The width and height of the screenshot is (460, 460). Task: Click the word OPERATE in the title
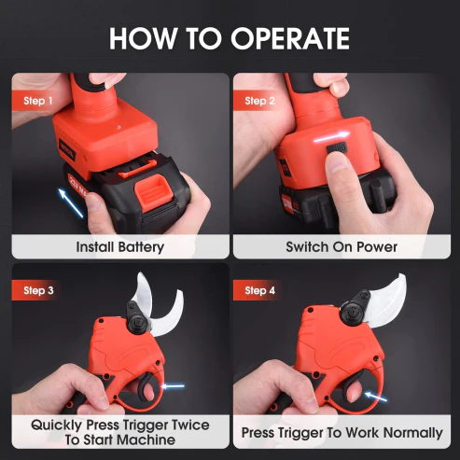290,38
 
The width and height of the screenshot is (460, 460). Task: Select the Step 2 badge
258,101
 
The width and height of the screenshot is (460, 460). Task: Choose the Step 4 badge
258,290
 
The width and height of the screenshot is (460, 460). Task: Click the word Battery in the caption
141,247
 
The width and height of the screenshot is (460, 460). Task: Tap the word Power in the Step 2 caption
377,247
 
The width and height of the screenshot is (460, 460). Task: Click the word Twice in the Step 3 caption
190,425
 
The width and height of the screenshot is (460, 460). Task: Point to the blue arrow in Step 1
71,202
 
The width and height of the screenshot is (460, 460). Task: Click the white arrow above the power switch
331,137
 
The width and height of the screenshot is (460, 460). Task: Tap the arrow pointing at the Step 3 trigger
173,386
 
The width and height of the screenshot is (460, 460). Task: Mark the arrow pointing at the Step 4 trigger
376,397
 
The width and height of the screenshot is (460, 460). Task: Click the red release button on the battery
153,193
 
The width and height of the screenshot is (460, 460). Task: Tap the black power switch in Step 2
337,148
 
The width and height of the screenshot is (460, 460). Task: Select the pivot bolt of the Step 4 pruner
353,311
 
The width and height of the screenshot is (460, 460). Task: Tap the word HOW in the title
143,38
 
